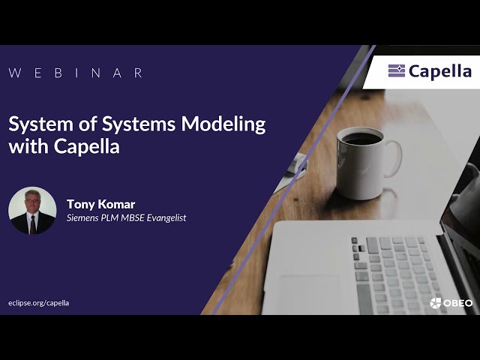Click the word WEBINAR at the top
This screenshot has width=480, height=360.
[x=76, y=73]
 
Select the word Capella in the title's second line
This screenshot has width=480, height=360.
[x=87, y=146]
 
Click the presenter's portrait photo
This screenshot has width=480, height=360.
[x=32, y=211]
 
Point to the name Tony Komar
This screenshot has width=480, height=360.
[x=100, y=204]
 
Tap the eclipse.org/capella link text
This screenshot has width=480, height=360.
[x=39, y=303]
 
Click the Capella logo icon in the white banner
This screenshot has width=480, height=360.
[x=397, y=71]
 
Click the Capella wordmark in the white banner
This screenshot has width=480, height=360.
[x=440, y=71]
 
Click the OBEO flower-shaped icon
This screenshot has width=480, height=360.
[x=436, y=303]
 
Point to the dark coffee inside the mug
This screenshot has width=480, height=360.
[x=360, y=139]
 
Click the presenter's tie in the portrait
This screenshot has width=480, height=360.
[x=32, y=224]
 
